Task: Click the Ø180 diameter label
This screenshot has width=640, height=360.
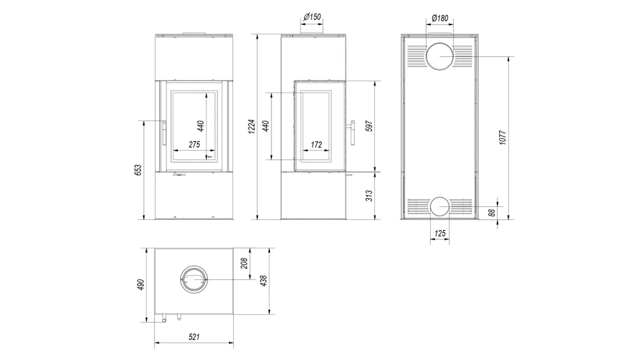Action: coord(441,18)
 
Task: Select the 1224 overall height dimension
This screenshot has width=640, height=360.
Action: coord(252,127)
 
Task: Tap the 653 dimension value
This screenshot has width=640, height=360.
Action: coord(138,170)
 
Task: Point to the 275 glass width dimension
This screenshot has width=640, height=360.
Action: coord(193,144)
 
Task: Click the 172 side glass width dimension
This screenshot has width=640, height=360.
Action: coord(316,144)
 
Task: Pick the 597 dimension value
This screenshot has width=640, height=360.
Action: coord(369,125)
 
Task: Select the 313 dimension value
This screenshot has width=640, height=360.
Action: coord(369,195)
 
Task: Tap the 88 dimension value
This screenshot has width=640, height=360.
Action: coord(492,213)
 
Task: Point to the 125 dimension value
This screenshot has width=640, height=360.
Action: coord(439,234)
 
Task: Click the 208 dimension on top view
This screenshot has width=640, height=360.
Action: coord(244,262)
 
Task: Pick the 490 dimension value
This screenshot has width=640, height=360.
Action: coord(141,284)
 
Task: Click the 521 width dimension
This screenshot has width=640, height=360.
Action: coord(194,337)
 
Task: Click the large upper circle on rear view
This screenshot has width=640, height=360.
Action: coord(441,56)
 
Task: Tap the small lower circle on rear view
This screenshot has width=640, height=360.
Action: coord(440,206)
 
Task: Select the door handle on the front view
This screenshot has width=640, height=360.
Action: coord(163,132)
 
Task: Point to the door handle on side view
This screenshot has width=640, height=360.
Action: coord(353,132)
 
